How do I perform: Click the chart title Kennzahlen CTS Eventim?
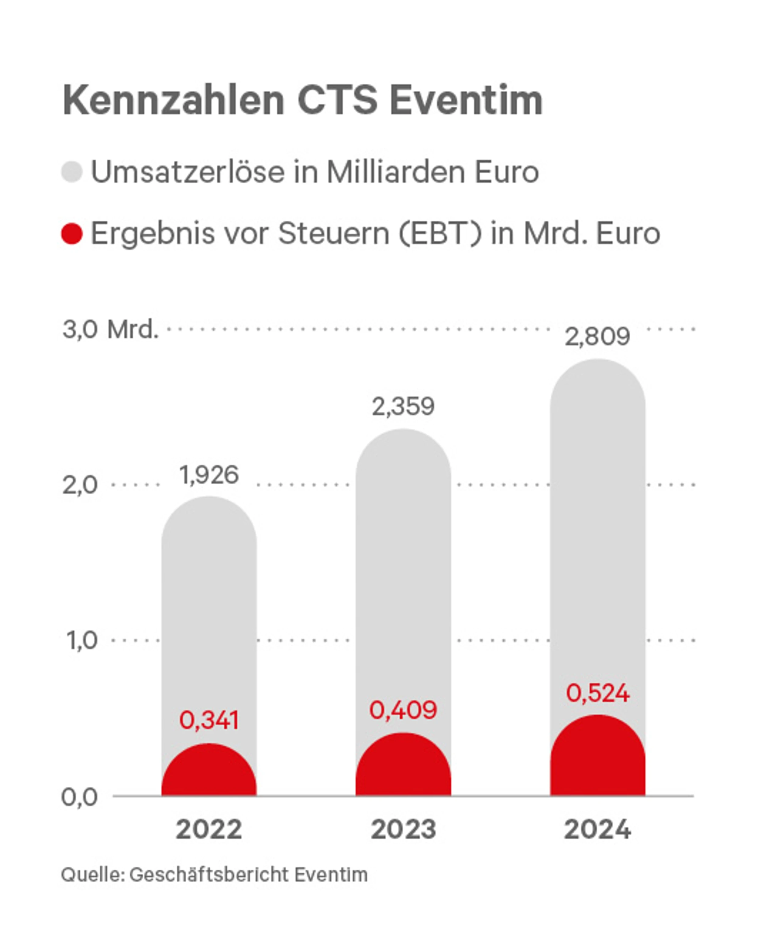pos(303,100)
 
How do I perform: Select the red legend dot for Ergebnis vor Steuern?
pos(72,234)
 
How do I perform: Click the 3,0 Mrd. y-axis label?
pos(110,329)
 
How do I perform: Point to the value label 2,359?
pos(403,407)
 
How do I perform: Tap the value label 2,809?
pos(597,337)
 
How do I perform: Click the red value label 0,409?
pos(403,710)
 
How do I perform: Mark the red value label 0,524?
pos(597,693)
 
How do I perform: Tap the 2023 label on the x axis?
pos(403,830)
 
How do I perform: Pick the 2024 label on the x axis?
pos(597,830)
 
